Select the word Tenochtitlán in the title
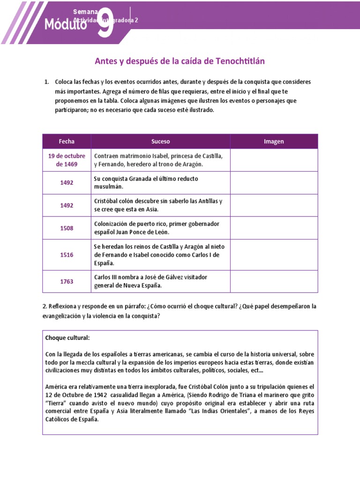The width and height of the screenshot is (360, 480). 244,61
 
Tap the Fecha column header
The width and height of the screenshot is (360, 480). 67,141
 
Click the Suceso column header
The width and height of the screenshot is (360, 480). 160,141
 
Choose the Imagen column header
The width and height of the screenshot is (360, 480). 274,141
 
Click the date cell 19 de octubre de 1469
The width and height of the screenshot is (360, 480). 67,160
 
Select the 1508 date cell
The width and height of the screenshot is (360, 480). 67,228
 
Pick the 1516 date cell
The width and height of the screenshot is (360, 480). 67,255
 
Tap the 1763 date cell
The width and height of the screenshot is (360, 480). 67,281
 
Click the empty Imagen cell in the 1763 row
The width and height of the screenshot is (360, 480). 274,281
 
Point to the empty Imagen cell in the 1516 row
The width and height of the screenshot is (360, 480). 274,255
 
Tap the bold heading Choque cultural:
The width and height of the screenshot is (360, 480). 67,337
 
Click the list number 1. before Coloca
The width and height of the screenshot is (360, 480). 46,82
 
